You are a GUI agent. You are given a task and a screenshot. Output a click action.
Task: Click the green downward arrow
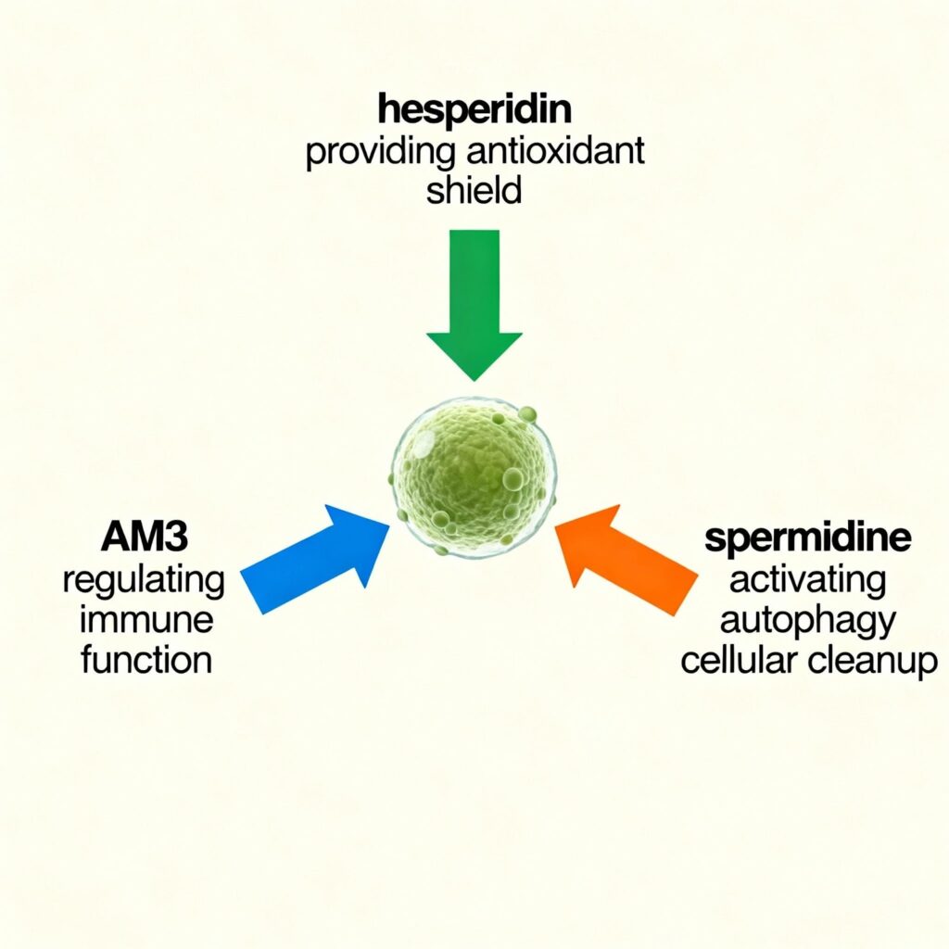474,297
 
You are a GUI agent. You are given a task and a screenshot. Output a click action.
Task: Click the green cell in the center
474,477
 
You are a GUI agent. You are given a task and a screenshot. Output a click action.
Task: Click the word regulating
143,581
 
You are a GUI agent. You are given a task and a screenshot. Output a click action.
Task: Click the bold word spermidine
807,539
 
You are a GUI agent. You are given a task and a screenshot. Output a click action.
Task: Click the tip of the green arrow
474,378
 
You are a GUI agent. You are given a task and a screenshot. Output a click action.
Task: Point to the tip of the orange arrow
556,524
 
